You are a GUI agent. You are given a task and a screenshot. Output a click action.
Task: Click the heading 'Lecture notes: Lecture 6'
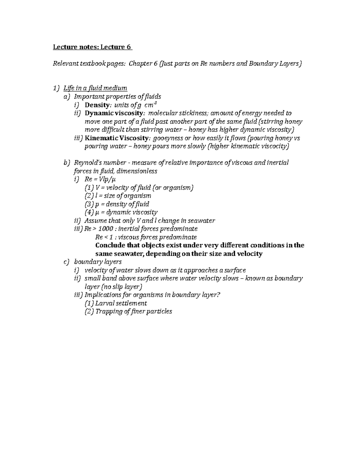coord(92,47)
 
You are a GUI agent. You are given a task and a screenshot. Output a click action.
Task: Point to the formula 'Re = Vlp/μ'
coord(100,179)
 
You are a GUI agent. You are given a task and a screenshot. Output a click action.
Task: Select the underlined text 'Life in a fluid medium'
coord(95,88)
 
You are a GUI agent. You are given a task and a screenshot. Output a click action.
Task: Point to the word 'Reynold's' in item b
coord(87,163)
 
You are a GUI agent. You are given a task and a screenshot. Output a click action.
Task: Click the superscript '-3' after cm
coord(154,103)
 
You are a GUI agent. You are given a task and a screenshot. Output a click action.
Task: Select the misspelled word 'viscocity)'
coord(275,146)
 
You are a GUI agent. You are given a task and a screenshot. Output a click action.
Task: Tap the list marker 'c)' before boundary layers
coord(67,262)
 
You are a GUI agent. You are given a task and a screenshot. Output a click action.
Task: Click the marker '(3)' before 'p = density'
coord(89,204)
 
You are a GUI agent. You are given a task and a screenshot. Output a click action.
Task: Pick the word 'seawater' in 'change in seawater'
coord(201,221)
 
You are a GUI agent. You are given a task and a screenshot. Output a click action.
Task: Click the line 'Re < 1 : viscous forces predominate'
coord(146,237)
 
